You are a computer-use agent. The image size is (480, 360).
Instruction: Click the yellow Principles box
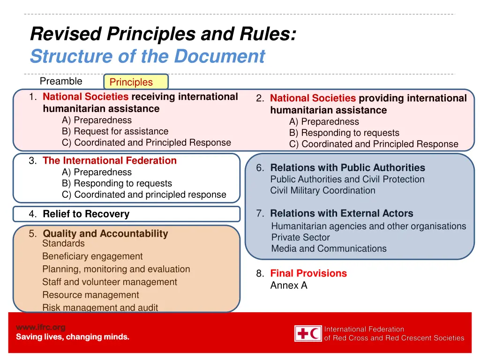[135, 82]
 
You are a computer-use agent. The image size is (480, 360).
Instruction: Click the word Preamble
[61, 81]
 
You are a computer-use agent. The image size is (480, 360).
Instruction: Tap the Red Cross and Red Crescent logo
[308, 333]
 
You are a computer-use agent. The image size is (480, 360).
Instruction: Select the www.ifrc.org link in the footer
[40, 327]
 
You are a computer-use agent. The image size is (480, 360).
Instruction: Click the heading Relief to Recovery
[86, 214]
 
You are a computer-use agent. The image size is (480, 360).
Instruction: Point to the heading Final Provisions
[308, 273]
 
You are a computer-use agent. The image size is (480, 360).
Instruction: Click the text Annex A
[289, 285]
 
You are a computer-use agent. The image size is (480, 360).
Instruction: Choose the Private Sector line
[300, 237]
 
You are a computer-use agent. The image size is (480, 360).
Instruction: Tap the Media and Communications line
[329, 248]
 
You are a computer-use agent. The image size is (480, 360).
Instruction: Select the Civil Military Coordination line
[322, 190]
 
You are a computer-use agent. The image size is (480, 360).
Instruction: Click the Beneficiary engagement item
[92, 256]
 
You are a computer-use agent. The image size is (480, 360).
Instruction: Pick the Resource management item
[90, 295]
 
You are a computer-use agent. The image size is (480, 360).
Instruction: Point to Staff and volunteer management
[110, 282]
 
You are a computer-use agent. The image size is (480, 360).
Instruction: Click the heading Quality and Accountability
[105, 233]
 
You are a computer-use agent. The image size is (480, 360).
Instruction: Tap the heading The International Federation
[109, 161]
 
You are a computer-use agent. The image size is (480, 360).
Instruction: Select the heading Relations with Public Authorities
[347, 168]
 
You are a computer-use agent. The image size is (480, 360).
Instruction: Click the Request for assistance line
[115, 131]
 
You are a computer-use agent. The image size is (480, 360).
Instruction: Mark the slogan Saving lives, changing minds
[73, 337]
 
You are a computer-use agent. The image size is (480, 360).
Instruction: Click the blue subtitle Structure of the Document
[147, 57]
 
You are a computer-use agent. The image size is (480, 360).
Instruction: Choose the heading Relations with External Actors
[342, 214]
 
